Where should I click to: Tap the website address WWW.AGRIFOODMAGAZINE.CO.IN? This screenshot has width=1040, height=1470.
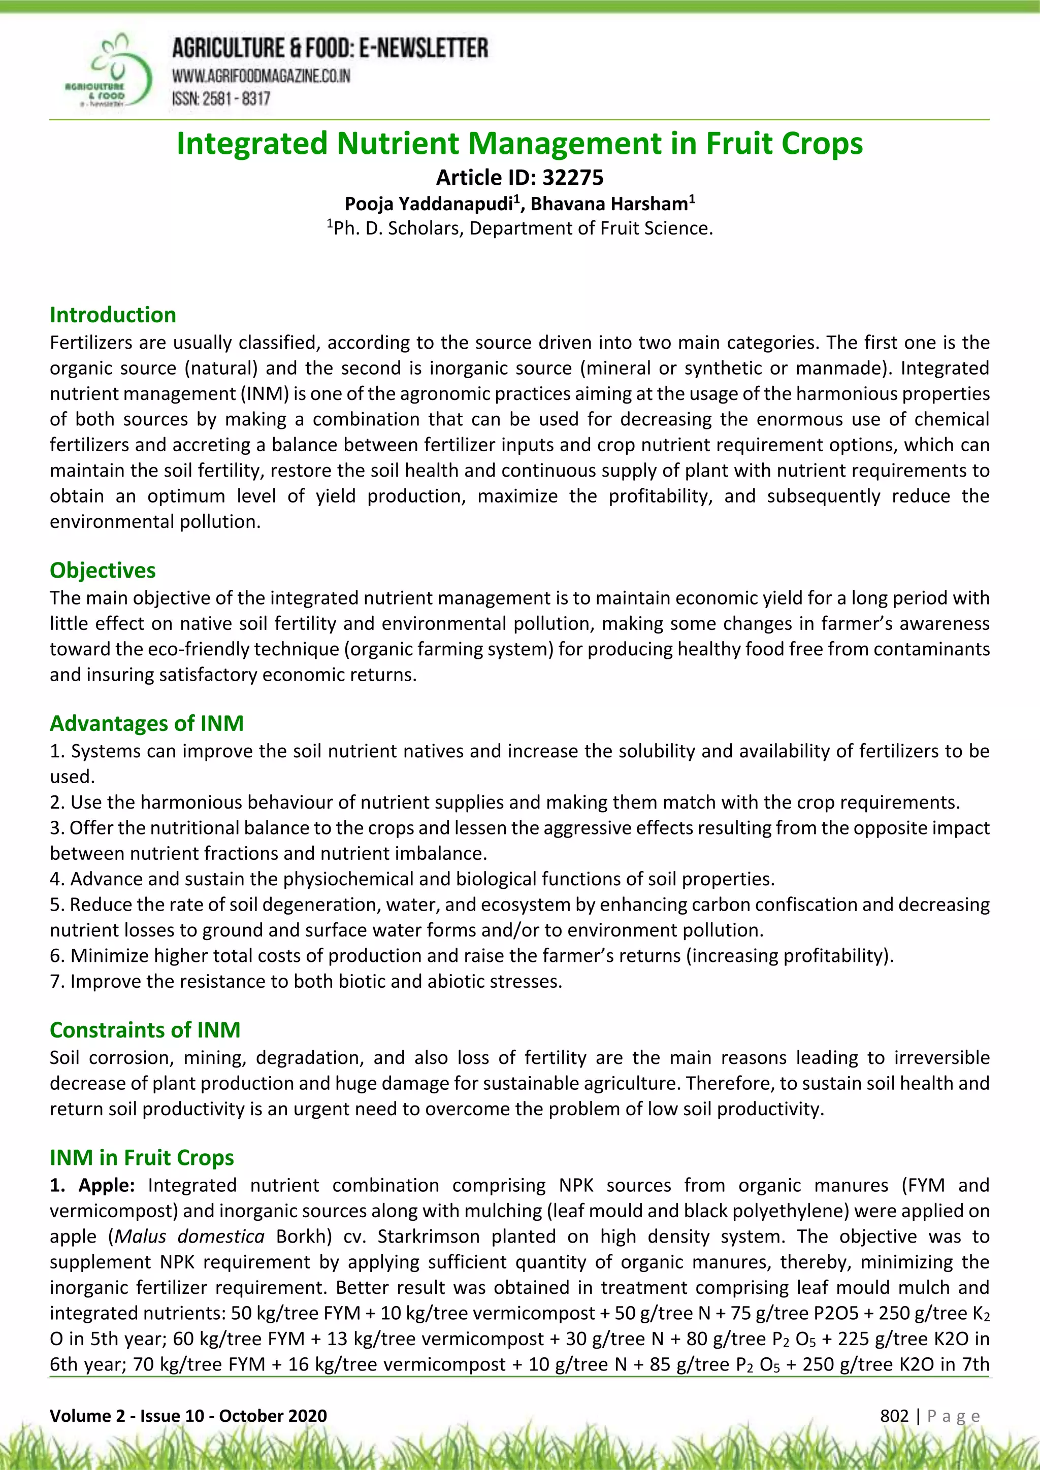261,76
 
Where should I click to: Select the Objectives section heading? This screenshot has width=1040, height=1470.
103,570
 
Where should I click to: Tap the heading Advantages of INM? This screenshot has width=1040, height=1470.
147,723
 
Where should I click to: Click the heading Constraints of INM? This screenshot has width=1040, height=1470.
145,1029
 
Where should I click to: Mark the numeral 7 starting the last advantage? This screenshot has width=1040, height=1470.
54,981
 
